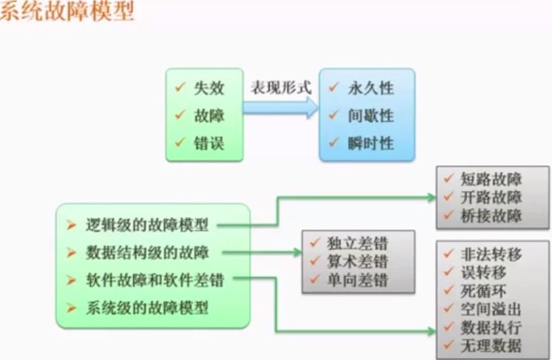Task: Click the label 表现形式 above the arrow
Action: (x=279, y=87)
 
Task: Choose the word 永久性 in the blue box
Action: (x=371, y=88)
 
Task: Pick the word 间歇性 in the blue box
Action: (x=371, y=116)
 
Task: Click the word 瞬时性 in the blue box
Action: (x=371, y=143)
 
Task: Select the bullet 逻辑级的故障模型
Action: (x=147, y=225)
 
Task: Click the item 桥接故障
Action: (x=490, y=215)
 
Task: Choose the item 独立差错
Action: (x=357, y=243)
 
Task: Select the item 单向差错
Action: (x=357, y=280)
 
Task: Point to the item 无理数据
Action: (x=490, y=346)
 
